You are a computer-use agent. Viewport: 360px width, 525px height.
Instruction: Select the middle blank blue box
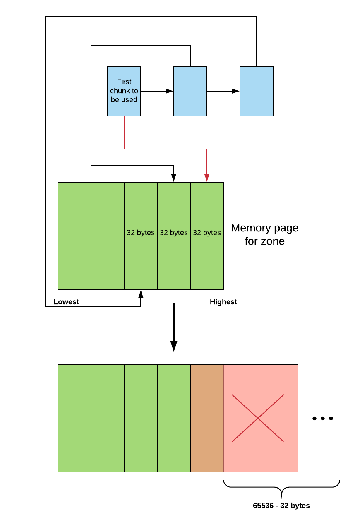[x=190, y=91]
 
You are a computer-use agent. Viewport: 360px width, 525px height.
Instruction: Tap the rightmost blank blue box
[x=257, y=91]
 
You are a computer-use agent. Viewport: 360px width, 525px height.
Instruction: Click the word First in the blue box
[x=124, y=82]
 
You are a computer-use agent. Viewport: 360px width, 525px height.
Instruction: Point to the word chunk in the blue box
[x=119, y=91]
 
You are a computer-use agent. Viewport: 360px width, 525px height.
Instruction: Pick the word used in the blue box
[x=130, y=100]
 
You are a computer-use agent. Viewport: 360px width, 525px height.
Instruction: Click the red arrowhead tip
[x=207, y=181]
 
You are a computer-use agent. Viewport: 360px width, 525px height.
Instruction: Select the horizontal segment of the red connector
[x=166, y=149]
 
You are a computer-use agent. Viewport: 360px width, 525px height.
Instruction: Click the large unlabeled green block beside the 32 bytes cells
[x=91, y=236]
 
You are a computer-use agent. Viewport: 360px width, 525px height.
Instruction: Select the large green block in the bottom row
[x=91, y=418]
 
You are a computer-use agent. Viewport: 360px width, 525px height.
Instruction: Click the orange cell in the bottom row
[x=207, y=418]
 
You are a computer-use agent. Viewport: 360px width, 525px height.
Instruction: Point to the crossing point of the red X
[x=258, y=418]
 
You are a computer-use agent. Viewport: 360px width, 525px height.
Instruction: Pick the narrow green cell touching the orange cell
[x=174, y=418]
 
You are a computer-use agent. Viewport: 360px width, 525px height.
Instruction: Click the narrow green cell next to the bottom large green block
[x=141, y=418]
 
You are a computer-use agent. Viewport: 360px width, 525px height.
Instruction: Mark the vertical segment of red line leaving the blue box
[x=124, y=132]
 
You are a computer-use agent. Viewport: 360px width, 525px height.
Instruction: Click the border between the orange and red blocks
[x=223, y=418]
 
